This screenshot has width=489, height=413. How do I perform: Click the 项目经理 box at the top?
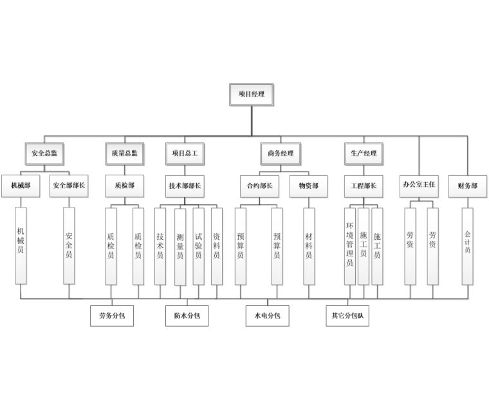point(251,94)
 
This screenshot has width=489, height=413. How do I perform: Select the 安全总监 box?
point(44,153)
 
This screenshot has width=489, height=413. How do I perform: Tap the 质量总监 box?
point(124,153)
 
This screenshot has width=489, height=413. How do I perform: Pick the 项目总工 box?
point(185,153)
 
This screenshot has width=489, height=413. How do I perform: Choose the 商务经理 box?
point(281,153)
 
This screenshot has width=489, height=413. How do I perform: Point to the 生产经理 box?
point(364,153)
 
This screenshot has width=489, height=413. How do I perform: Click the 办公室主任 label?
point(419,184)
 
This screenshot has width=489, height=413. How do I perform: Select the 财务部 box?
point(468,186)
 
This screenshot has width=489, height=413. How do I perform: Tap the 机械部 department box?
point(20,186)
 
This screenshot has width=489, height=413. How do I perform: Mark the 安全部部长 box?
point(69,186)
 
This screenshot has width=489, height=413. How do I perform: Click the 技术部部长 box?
point(185,186)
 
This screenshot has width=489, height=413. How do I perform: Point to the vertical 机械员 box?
point(20,245)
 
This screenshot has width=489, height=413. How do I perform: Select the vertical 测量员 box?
point(180,245)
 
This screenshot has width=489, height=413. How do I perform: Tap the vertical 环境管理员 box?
point(350,245)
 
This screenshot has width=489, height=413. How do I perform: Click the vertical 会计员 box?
point(467,245)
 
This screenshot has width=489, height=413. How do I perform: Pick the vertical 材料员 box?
point(309,245)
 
